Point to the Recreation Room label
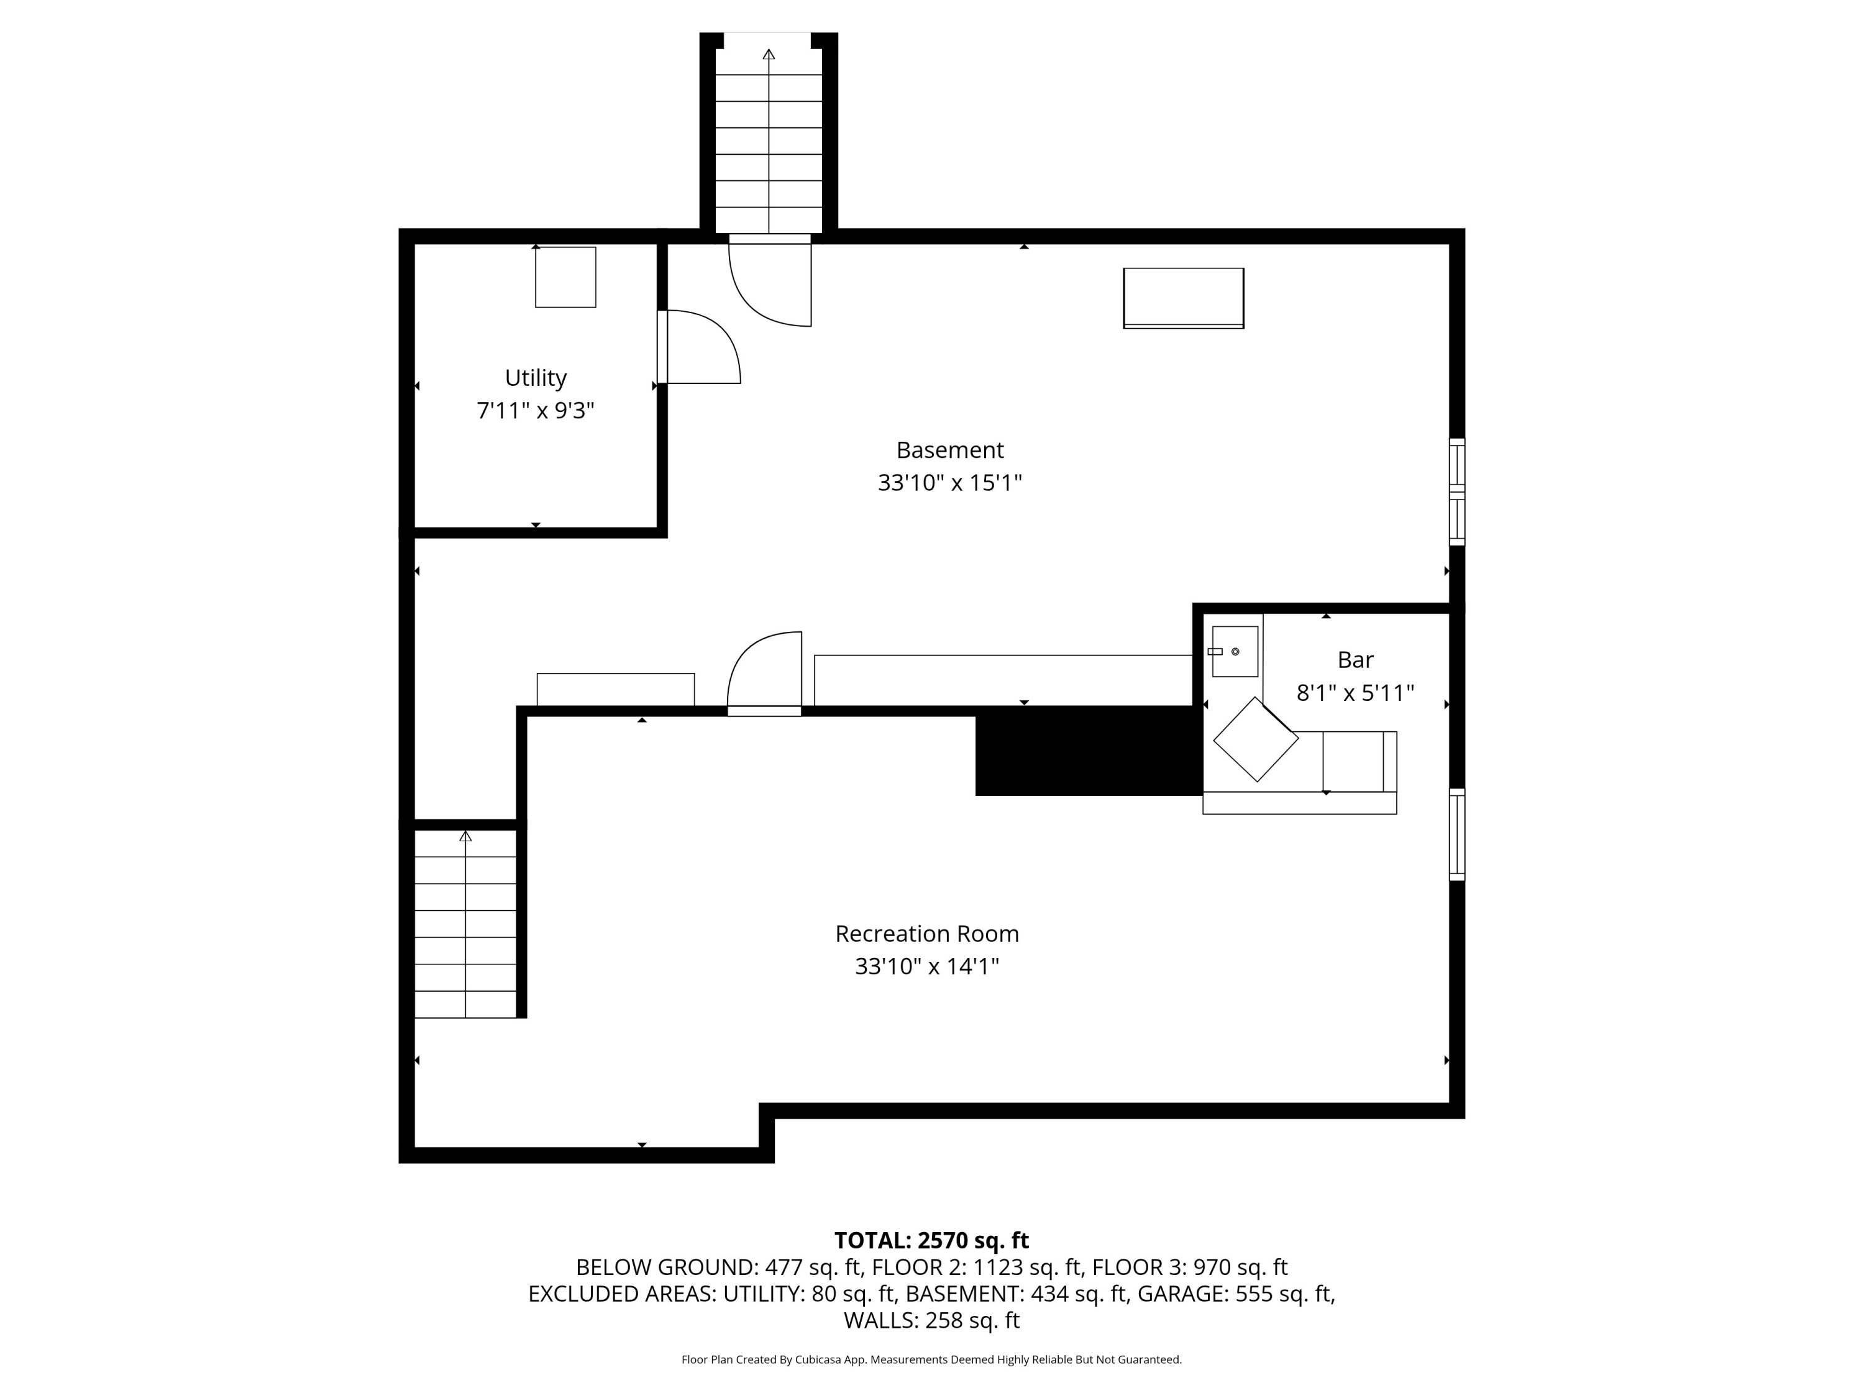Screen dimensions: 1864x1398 [927, 934]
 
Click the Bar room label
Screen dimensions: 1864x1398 [1355, 660]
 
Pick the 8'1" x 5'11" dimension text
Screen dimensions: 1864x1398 [1355, 693]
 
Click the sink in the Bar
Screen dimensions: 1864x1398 [1235, 651]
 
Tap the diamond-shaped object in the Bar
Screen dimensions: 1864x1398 [1256, 739]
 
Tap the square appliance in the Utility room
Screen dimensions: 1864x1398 [565, 277]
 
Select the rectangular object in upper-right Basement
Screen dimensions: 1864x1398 [1183, 298]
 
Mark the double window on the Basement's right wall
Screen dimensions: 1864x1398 [1457, 492]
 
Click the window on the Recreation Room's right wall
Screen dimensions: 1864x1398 [1457, 834]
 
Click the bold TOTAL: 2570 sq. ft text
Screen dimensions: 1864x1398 [931, 1240]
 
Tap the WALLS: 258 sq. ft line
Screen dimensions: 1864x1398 [931, 1320]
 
